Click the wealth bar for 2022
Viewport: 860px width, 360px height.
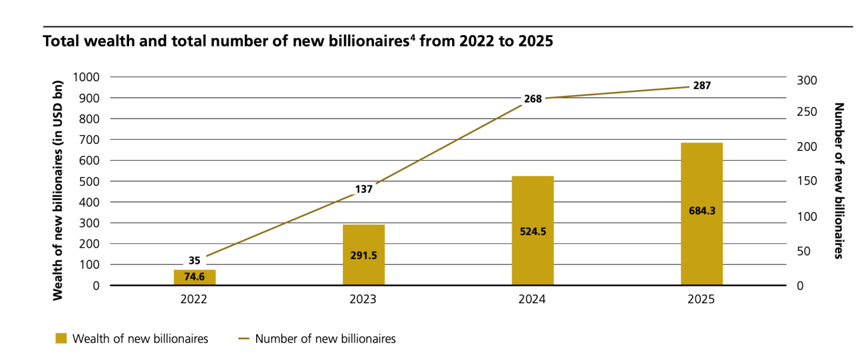(x=194, y=278)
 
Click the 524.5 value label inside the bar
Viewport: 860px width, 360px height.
(x=532, y=231)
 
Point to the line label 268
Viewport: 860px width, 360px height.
(x=532, y=99)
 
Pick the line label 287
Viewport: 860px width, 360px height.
(x=702, y=85)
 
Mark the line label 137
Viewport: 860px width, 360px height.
(x=364, y=189)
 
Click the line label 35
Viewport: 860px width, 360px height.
(x=194, y=260)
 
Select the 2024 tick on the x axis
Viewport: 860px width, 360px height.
(x=532, y=299)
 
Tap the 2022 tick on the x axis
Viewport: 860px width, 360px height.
(x=194, y=299)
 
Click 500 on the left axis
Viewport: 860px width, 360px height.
(x=89, y=181)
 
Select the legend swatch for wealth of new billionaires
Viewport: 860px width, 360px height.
(x=60, y=339)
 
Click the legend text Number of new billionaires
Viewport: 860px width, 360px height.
(x=325, y=339)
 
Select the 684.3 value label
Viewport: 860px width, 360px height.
(x=701, y=210)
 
